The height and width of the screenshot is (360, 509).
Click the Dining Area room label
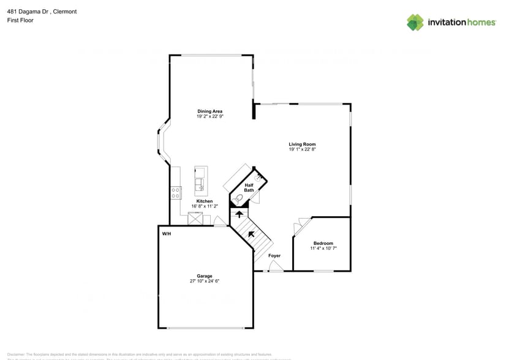pos(209,111)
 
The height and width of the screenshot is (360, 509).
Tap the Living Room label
pos(302,144)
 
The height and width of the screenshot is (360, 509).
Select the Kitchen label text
pos(205,201)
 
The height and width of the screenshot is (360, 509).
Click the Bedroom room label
pos(323,243)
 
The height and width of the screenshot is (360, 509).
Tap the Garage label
pos(204,276)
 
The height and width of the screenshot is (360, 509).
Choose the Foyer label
pos(274,256)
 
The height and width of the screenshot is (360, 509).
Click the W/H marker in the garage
pos(166,234)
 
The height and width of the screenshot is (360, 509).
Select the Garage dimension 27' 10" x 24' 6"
pos(204,282)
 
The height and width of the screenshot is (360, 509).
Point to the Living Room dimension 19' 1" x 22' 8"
pos(302,149)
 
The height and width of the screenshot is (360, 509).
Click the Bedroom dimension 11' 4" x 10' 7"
pos(323,249)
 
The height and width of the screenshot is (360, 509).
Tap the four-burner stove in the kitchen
pos(176,192)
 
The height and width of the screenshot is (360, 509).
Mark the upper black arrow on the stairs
pos(239,214)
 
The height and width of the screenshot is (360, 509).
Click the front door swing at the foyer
pos(275,265)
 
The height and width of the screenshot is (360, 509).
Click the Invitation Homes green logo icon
pos(415,23)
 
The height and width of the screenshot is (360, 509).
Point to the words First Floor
pos(20,20)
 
